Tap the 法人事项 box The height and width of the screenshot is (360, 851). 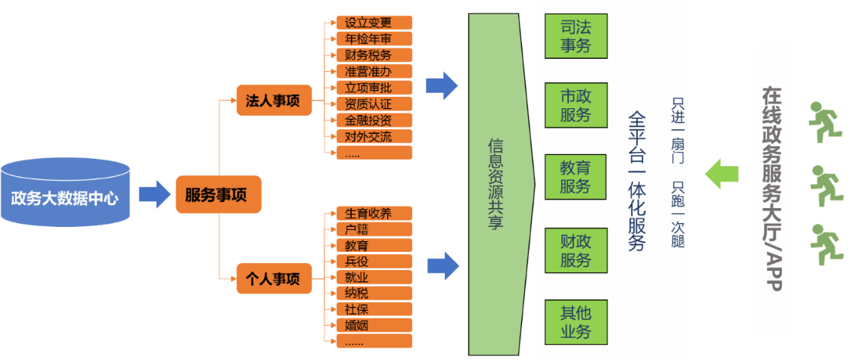click(273, 101)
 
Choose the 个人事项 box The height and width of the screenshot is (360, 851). click(273, 279)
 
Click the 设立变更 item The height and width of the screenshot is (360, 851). click(368, 22)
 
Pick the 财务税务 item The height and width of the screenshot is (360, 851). click(368, 54)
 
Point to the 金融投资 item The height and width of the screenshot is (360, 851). click(368, 120)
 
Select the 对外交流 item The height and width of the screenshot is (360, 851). click(368, 137)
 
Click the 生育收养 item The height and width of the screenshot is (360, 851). click(368, 213)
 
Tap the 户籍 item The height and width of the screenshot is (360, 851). click(368, 229)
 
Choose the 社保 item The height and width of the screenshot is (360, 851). click(368, 309)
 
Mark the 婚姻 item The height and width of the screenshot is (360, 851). click(368, 325)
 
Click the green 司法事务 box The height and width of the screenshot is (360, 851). click(575, 36)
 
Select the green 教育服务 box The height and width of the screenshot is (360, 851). click(575, 176)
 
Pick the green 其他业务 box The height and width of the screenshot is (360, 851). click(575, 321)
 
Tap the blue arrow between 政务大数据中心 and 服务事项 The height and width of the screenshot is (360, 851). click(154, 194)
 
